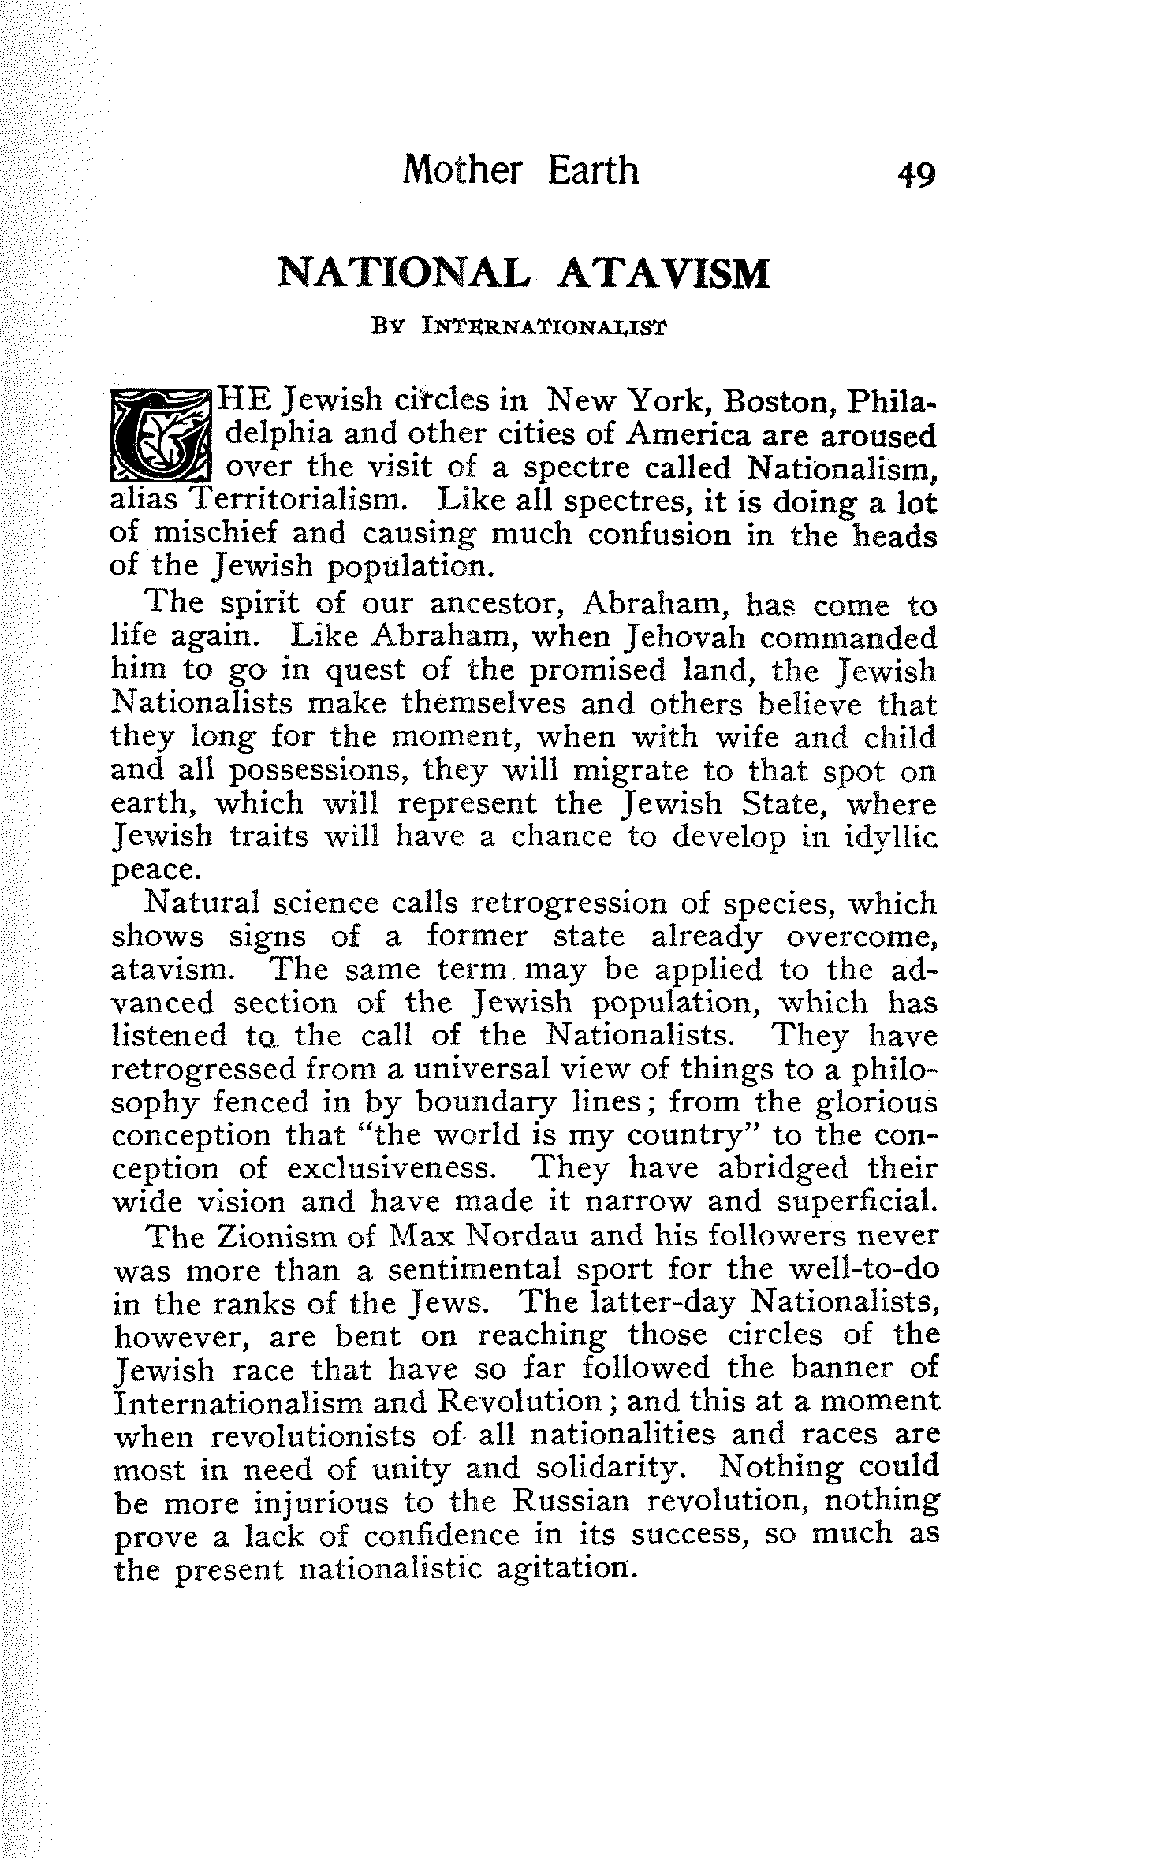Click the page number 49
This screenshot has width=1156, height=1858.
coord(915,173)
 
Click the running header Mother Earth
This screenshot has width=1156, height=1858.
coord(520,169)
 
